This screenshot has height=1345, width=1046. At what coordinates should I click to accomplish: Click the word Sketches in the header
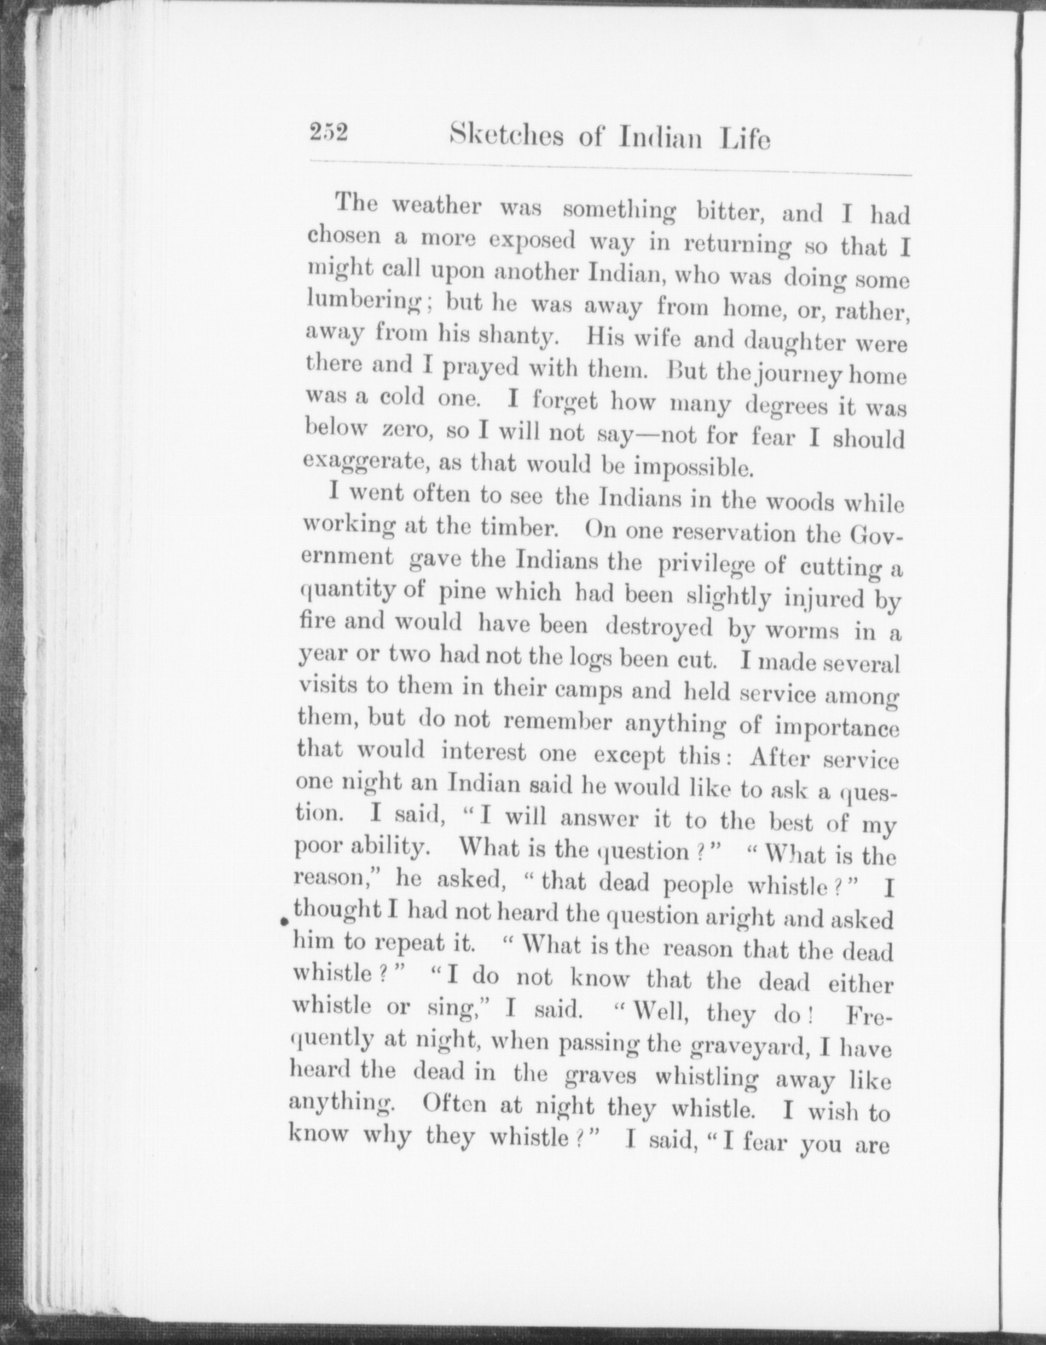[x=506, y=136]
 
